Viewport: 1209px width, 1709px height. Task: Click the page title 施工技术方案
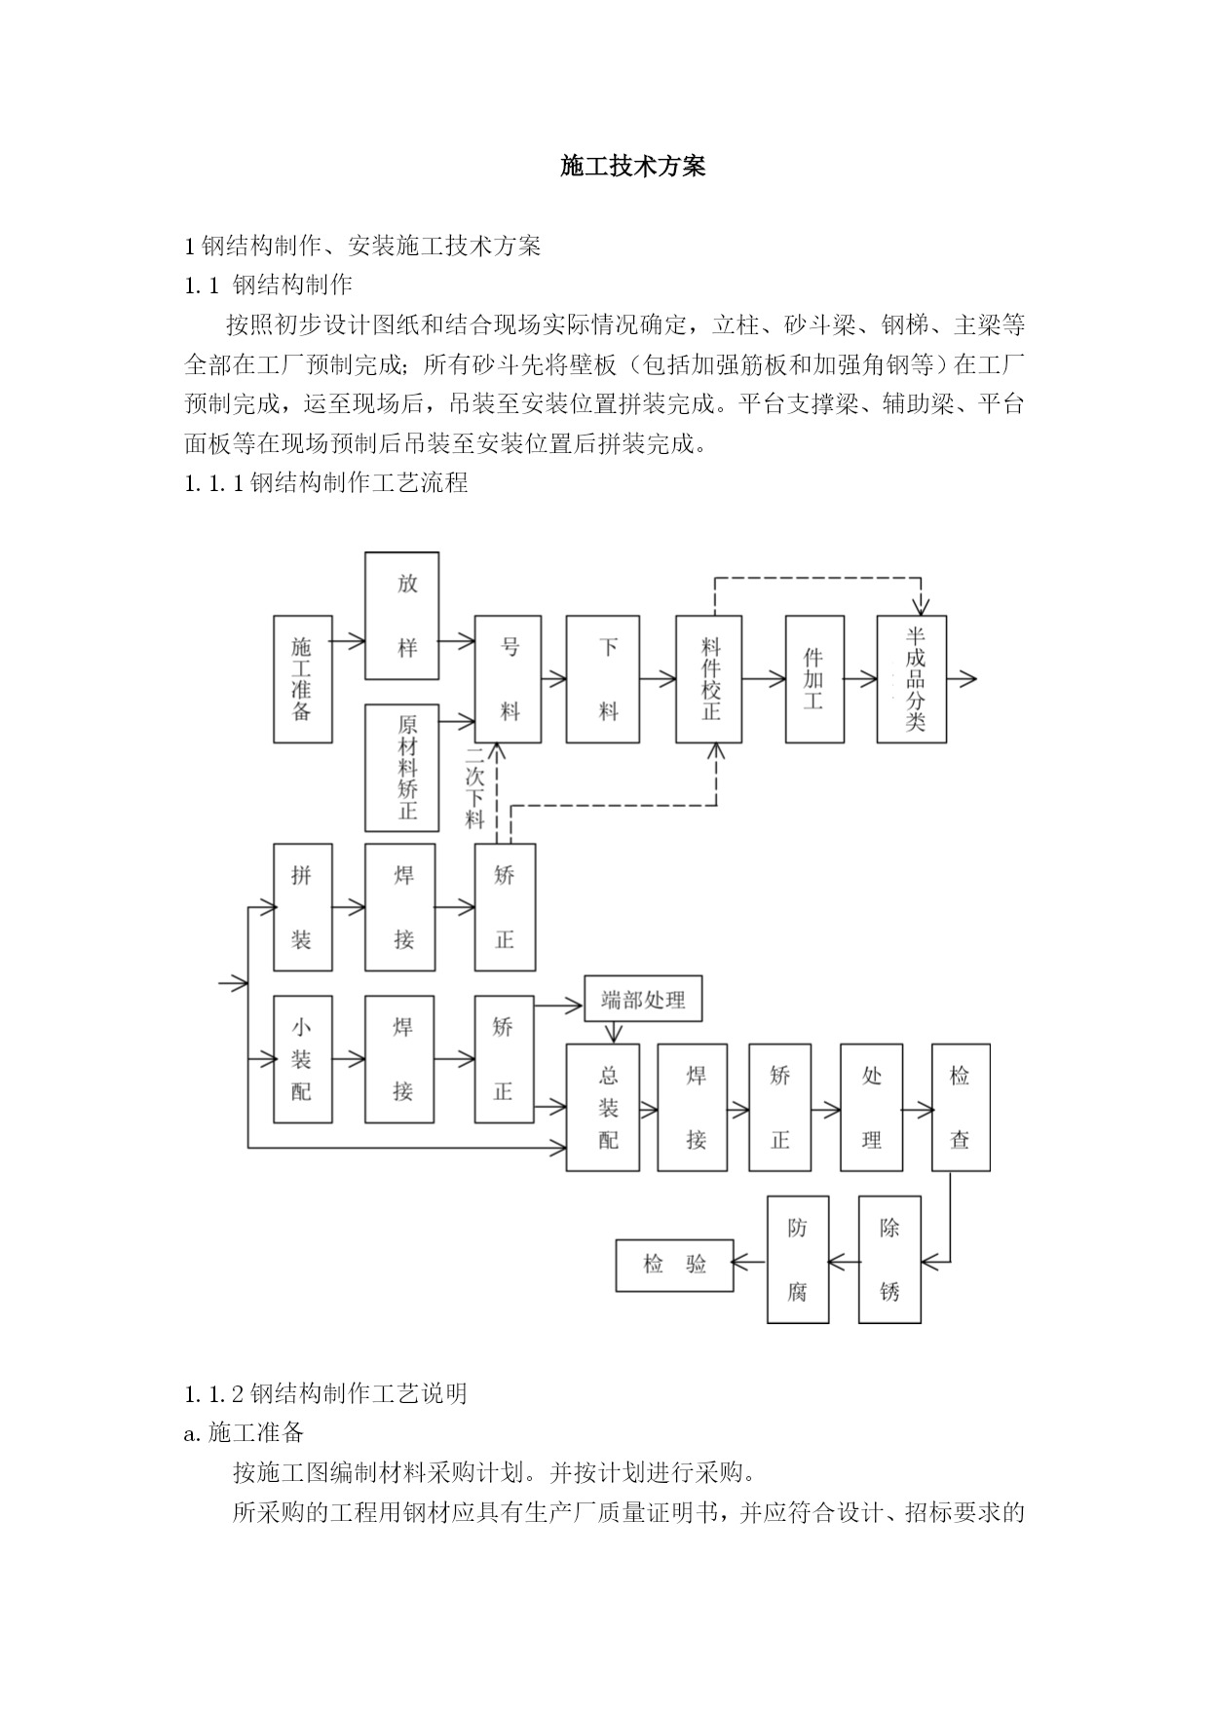click(632, 167)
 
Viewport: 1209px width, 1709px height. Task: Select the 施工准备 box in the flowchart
click(303, 679)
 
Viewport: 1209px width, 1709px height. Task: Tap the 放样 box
click(402, 616)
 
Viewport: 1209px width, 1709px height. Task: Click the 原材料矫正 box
click(402, 768)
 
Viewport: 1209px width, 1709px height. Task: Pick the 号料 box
click(508, 679)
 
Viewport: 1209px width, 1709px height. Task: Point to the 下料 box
click(603, 679)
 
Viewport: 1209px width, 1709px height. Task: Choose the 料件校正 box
click(709, 679)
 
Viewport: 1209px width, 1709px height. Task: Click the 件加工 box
click(814, 679)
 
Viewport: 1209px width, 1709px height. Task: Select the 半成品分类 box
click(912, 679)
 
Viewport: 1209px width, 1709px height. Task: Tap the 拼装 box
click(303, 907)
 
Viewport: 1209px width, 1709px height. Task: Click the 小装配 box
click(303, 1059)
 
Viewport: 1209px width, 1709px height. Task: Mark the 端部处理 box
click(643, 999)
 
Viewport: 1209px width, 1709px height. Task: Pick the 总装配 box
click(603, 1108)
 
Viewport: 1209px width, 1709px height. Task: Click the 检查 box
click(961, 1108)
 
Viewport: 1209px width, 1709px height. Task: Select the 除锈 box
click(889, 1260)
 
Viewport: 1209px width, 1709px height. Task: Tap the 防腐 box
click(798, 1260)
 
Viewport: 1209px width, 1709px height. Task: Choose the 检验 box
click(675, 1266)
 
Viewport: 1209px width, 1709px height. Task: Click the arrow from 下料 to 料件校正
click(659, 679)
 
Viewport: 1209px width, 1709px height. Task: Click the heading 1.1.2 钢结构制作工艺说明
click(326, 1393)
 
